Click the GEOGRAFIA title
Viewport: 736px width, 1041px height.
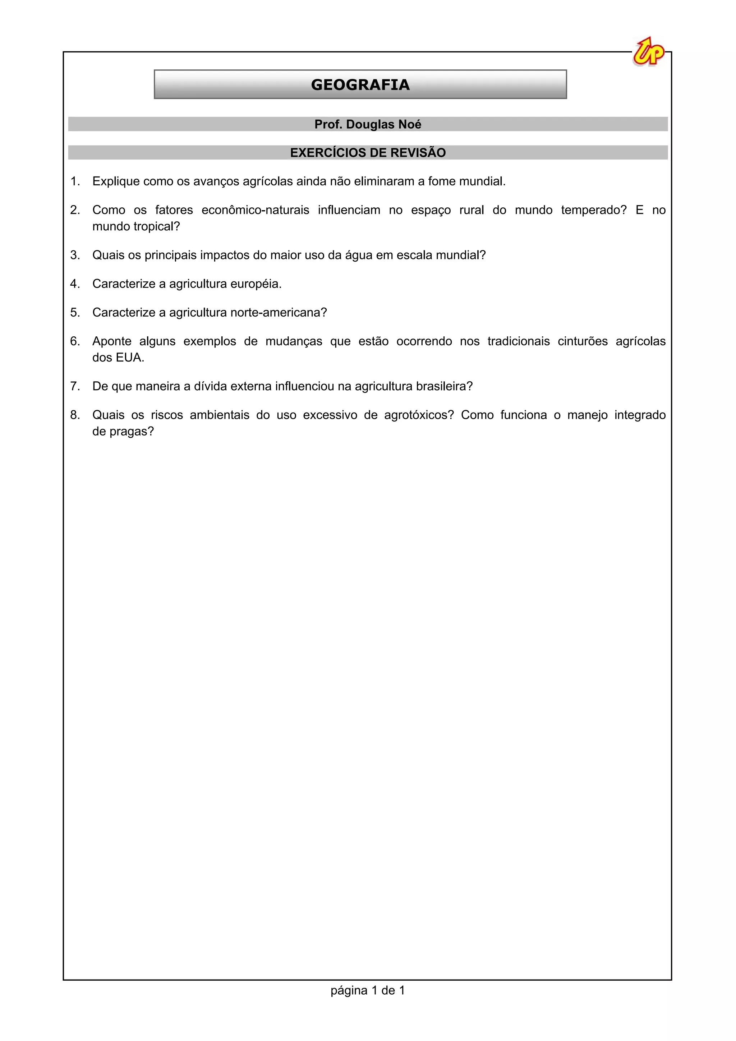pyautogui.click(x=360, y=85)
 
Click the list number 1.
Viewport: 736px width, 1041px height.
pyautogui.click(x=75, y=181)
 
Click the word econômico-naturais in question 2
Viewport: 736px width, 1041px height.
pyautogui.click(x=255, y=210)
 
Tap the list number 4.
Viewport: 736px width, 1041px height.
pyautogui.click(x=75, y=284)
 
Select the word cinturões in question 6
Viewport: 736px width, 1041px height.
pyautogui.click(x=582, y=341)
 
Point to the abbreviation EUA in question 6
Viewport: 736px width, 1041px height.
pyautogui.click(x=130, y=358)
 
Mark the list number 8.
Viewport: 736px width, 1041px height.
pyautogui.click(x=75, y=415)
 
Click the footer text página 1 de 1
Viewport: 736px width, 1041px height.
pyautogui.click(x=367, y=1003)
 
